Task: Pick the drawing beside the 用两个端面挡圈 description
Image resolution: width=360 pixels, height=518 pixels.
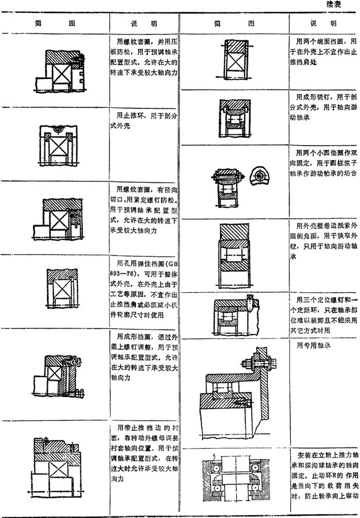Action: tap(235, 62)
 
